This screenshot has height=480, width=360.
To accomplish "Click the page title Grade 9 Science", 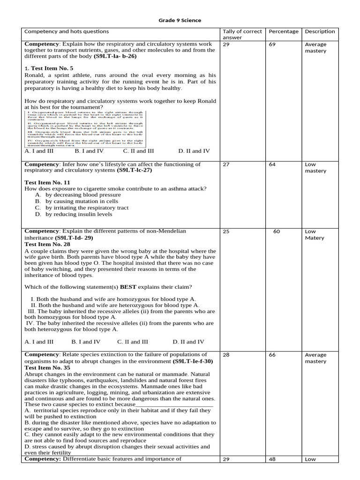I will coord(180,20).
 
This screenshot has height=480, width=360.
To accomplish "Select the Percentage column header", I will coord(283,31).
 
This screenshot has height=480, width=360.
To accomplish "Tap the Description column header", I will coord(320,31).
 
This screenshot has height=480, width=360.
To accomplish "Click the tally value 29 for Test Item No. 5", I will coord(226,45).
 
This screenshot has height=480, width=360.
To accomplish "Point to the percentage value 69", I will coord(272,45).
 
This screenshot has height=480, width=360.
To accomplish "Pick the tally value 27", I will coord(226,165).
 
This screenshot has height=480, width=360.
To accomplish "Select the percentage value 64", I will coord(272,165).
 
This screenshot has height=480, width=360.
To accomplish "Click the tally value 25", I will coord(226,232).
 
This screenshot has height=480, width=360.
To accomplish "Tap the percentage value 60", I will coord(277,232).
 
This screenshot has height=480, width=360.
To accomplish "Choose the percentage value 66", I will coord(272,355).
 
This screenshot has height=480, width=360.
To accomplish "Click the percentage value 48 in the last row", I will coord(272,459).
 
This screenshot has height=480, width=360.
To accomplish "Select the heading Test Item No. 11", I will coord(47,182).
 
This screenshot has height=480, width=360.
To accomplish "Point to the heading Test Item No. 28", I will coord(47,244).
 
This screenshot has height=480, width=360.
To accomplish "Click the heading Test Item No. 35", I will coord(47,368).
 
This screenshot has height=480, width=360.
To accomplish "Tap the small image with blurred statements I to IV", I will coord(84,129).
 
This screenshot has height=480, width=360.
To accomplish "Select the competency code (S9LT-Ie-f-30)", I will coord(192,361).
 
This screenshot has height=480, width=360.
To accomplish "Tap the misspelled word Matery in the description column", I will coord(315,238).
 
